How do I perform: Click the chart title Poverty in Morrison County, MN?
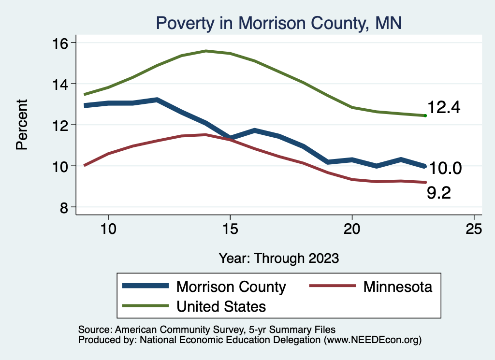point(278,23)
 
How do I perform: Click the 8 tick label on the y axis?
point(67,207)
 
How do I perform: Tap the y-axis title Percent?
point(22,124)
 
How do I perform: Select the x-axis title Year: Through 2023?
point(278,258)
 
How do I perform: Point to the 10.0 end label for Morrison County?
point(446,168)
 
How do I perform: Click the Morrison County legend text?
point(231,287)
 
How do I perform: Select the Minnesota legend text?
point(397,287)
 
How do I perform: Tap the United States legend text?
point(221,306)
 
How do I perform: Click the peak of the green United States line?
point(206,51)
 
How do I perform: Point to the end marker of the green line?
point(425,115)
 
